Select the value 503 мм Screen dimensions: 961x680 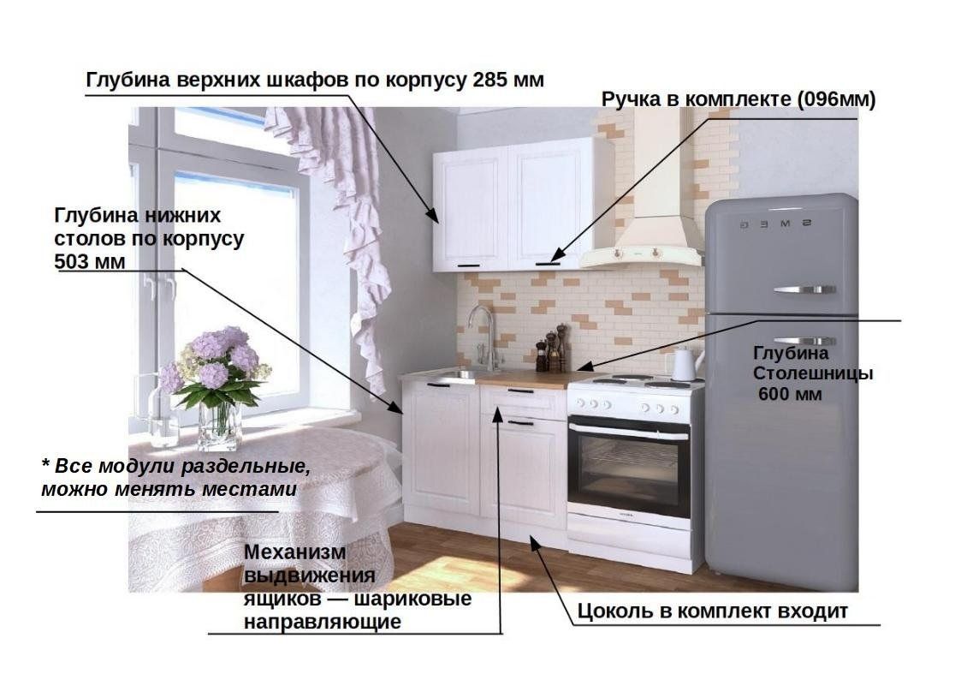coord(90,262)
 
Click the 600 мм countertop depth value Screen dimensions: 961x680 coord(790,394)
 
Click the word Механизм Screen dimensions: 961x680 coord(294,552)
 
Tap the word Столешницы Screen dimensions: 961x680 coord(813,373)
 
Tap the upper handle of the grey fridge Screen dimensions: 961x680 coord(804,289)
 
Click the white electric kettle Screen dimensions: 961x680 coord(685,363)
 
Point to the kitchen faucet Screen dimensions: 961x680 coord(483,337)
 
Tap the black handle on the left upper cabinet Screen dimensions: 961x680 coord(469,266)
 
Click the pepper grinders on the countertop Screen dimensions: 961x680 coord(552,349)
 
